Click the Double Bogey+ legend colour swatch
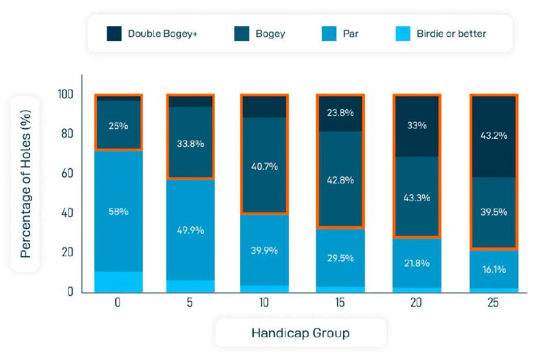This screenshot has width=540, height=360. pos(115,34)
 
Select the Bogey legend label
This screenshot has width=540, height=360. pos(270,34)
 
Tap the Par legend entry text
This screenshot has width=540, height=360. pos(350,34)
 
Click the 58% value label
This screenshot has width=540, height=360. pos(118,211)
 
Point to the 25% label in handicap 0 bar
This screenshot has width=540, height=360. pos(118,126)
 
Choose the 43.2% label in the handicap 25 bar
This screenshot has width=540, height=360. pos(494,136)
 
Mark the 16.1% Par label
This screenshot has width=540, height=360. pos(494,269)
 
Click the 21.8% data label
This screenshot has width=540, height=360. pos(417,264)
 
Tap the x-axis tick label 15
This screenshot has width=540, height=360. pos(341,304)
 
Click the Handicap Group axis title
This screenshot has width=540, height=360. pos(300,333)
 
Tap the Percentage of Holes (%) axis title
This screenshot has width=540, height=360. pos(26,184)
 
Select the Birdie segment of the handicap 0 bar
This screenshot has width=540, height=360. pos(118,281)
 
